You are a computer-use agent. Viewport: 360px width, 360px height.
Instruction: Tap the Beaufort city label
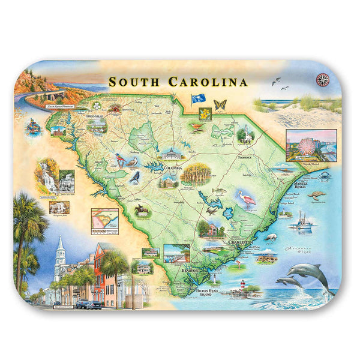pyautogui.click(x=190, y=271)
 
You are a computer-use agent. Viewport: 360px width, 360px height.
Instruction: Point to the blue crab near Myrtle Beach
pyautogui.click(x=325, y=176)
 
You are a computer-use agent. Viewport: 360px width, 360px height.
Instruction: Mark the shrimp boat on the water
pyautogui.click(x=304, y=221)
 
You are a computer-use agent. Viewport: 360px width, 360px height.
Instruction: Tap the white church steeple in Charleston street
pyautogui.click(x=60, y=259)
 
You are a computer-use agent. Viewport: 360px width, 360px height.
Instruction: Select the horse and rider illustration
pyautogui.click(x=142, y=209)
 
